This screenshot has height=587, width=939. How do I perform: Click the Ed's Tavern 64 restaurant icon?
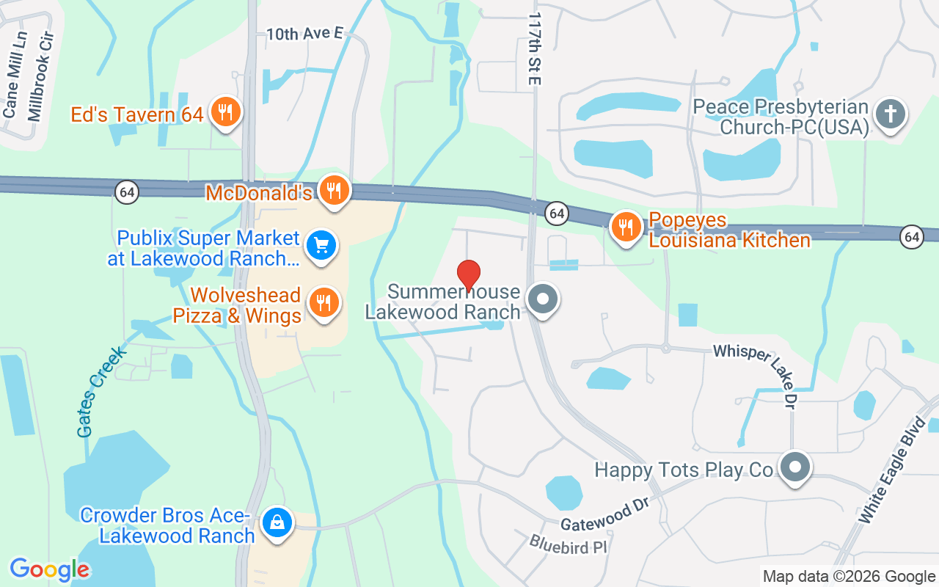(x=225, y=112)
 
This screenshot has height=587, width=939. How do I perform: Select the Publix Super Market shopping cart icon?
(x=321, y=245)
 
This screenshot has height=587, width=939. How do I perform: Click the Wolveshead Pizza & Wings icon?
(x=321, y=302)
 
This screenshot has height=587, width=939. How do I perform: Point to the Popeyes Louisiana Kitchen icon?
(x=626, y=227)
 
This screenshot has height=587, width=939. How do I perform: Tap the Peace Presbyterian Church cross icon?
(x=891, y=114)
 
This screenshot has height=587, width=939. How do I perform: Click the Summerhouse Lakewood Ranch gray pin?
(x=544, y=299)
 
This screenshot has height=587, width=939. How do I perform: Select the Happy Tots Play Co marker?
(x=794, y=467)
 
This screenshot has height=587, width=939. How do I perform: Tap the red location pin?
(x=469, y=275)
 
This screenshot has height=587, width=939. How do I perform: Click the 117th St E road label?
(x=534, y=48)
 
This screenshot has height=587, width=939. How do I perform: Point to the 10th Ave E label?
(x=304, y=33)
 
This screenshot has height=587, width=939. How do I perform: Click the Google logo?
(x=49, y=569)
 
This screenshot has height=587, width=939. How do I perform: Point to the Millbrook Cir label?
(x=41, y=76)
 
